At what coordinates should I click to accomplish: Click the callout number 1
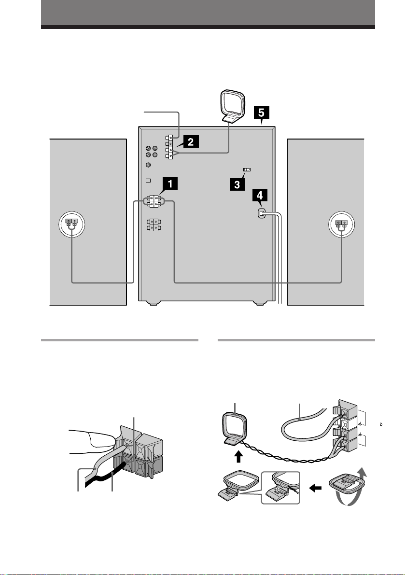(170, 183)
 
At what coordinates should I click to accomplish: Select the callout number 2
(191, 141)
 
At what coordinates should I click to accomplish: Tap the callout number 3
(237, 184)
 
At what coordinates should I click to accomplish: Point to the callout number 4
(260, 195)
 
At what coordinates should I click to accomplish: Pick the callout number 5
(261, 112)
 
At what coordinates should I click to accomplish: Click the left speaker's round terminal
(72, 224)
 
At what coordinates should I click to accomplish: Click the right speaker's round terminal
(342, 224)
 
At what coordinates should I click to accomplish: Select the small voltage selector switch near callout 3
(247, 170)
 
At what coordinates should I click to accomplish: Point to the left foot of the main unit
(153, 303)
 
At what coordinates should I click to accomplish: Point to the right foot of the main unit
(260, 303)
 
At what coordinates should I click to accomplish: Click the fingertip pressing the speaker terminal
(103, 441)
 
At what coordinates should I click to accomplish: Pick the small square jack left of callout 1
(148, 180)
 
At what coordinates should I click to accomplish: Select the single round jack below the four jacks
(148, 165)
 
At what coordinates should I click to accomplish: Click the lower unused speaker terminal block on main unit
(154, 225)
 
